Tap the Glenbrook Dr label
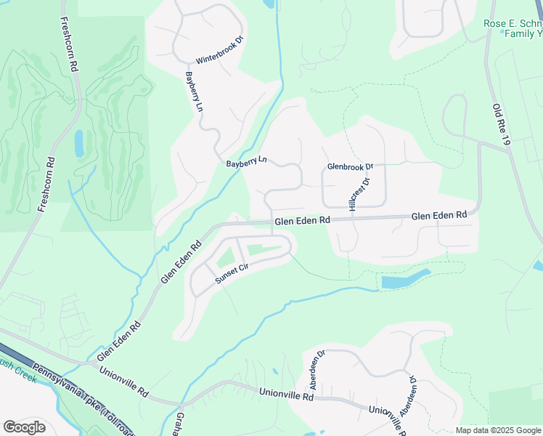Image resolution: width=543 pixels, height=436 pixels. click(349, 166)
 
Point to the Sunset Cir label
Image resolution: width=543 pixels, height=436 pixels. click(232, 273)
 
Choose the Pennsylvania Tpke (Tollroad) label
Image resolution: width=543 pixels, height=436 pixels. click(81, 389)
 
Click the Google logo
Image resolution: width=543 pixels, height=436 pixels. click(24, 427)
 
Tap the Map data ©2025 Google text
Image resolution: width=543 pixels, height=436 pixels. click(498, 430)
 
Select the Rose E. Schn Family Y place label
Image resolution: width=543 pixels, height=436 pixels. click(513, 28)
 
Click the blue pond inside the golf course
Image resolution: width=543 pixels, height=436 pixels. click(79, 143)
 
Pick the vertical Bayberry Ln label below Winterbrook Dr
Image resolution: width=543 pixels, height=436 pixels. click(194, 92)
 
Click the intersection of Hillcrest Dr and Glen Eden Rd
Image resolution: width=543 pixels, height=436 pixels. click(354, 218)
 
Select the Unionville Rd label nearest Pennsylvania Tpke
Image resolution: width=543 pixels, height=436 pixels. click(124, 382)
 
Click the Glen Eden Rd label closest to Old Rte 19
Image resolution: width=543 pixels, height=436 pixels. click(438, 216)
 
